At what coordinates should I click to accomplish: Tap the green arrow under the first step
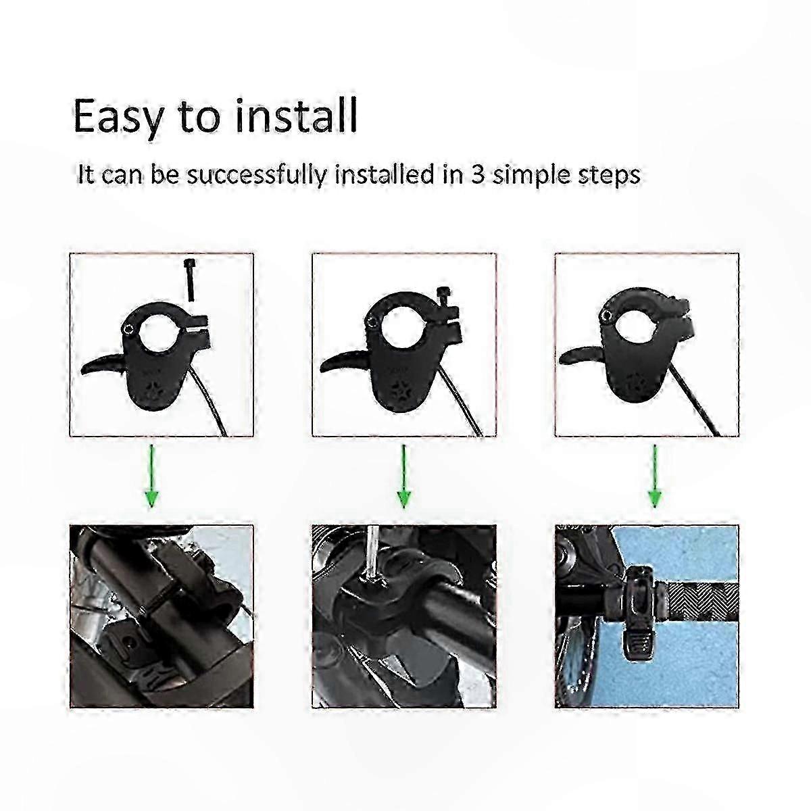(152, 476)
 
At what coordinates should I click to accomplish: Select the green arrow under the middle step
(404, 476)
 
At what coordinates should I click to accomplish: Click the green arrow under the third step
(654, 476)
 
